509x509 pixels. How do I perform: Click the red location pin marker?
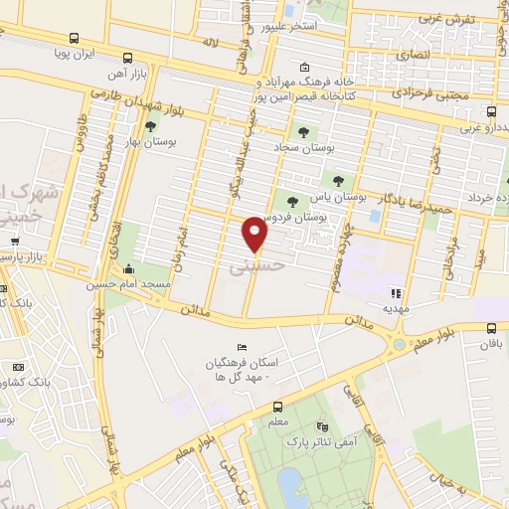click(x=255, y=233)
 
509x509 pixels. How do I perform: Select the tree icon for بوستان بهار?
click(x=150, y=126)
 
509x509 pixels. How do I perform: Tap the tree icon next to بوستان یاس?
click(x=339, y=181)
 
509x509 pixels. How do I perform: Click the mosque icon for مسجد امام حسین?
click(x=128, y=268)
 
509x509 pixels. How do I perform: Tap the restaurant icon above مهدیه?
click(x=395, y=293)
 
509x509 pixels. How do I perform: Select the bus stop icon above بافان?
click(x=490, y=328)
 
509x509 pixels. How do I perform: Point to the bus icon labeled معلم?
click(x=278, y=406)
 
